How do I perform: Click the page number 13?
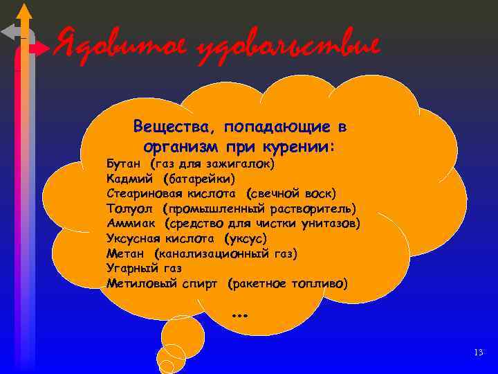pos(479,353)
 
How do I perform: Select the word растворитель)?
pos(313,209)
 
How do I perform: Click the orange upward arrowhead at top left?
pos(24,10)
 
